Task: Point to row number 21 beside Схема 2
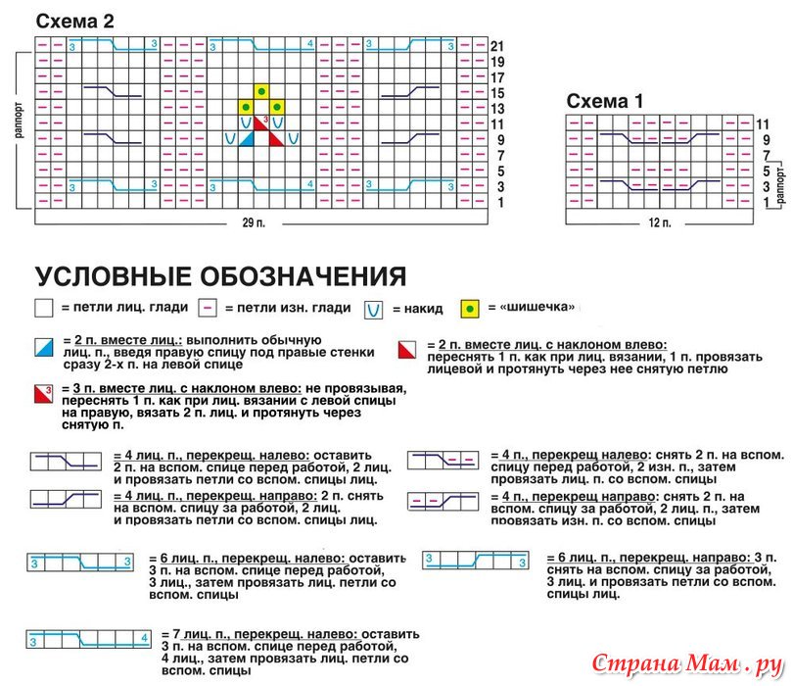(497, 46)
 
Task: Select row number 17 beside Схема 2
(497, 77)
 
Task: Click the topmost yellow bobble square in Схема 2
(261, 92)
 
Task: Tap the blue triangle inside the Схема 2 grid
(247, 139)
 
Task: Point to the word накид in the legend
(417, 309)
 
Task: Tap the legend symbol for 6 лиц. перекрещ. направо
(475, 560)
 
